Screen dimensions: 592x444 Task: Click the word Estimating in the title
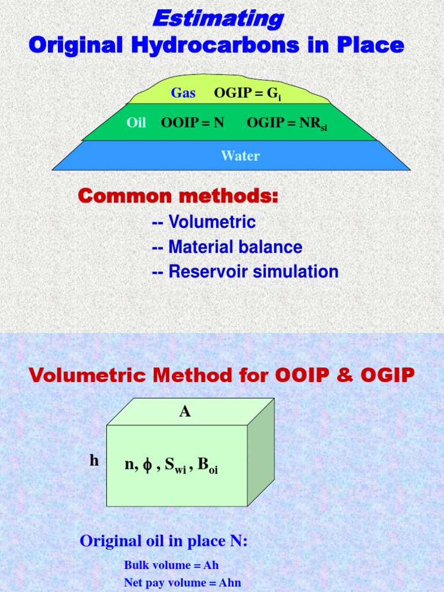217,18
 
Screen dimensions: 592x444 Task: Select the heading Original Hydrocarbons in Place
217,45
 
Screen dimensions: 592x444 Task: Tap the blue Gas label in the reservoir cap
183,93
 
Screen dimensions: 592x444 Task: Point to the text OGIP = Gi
247,93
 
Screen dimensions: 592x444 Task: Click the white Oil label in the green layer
136,123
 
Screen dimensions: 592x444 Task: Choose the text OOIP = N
193,123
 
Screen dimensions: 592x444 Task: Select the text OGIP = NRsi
287,123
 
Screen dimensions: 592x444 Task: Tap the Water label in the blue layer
240,156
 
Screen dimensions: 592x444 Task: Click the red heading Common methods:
178,197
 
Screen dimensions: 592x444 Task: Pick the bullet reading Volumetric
203,222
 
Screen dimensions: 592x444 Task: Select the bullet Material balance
227,247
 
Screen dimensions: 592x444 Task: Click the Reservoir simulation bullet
245,272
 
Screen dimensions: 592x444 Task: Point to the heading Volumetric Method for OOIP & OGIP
222,376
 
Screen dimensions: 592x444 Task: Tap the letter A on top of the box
185,412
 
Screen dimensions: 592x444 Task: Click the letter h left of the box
94,461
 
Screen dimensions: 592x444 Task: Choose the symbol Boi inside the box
208,465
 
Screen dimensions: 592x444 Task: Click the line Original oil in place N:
164,541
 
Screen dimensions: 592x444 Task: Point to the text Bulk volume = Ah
171,565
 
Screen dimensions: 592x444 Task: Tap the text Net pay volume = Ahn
182,583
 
